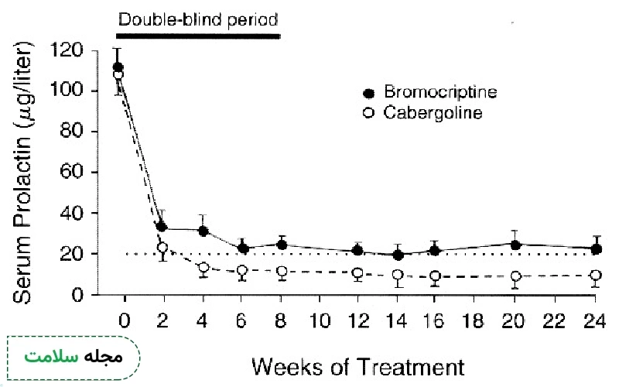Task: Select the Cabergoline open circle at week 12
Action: [x=357, y=273]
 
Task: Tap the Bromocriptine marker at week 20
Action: [x=515, y=245]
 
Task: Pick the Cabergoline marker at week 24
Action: [x=595, y=276]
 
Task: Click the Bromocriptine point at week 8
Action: [x=282, y=245]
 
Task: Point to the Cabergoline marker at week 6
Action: [x=242, y=272]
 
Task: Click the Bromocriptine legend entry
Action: [x=430, y=93]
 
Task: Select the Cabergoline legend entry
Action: [x=424, y=113]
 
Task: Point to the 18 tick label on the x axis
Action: [x=476, y=320]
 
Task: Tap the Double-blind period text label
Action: [x=197, y=16]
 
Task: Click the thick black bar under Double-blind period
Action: [x=197, y=36]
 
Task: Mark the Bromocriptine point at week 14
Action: [x=398, y=255]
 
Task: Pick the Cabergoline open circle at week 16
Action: [x=436, y=276]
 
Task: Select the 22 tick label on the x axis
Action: [x=555, y=320]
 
